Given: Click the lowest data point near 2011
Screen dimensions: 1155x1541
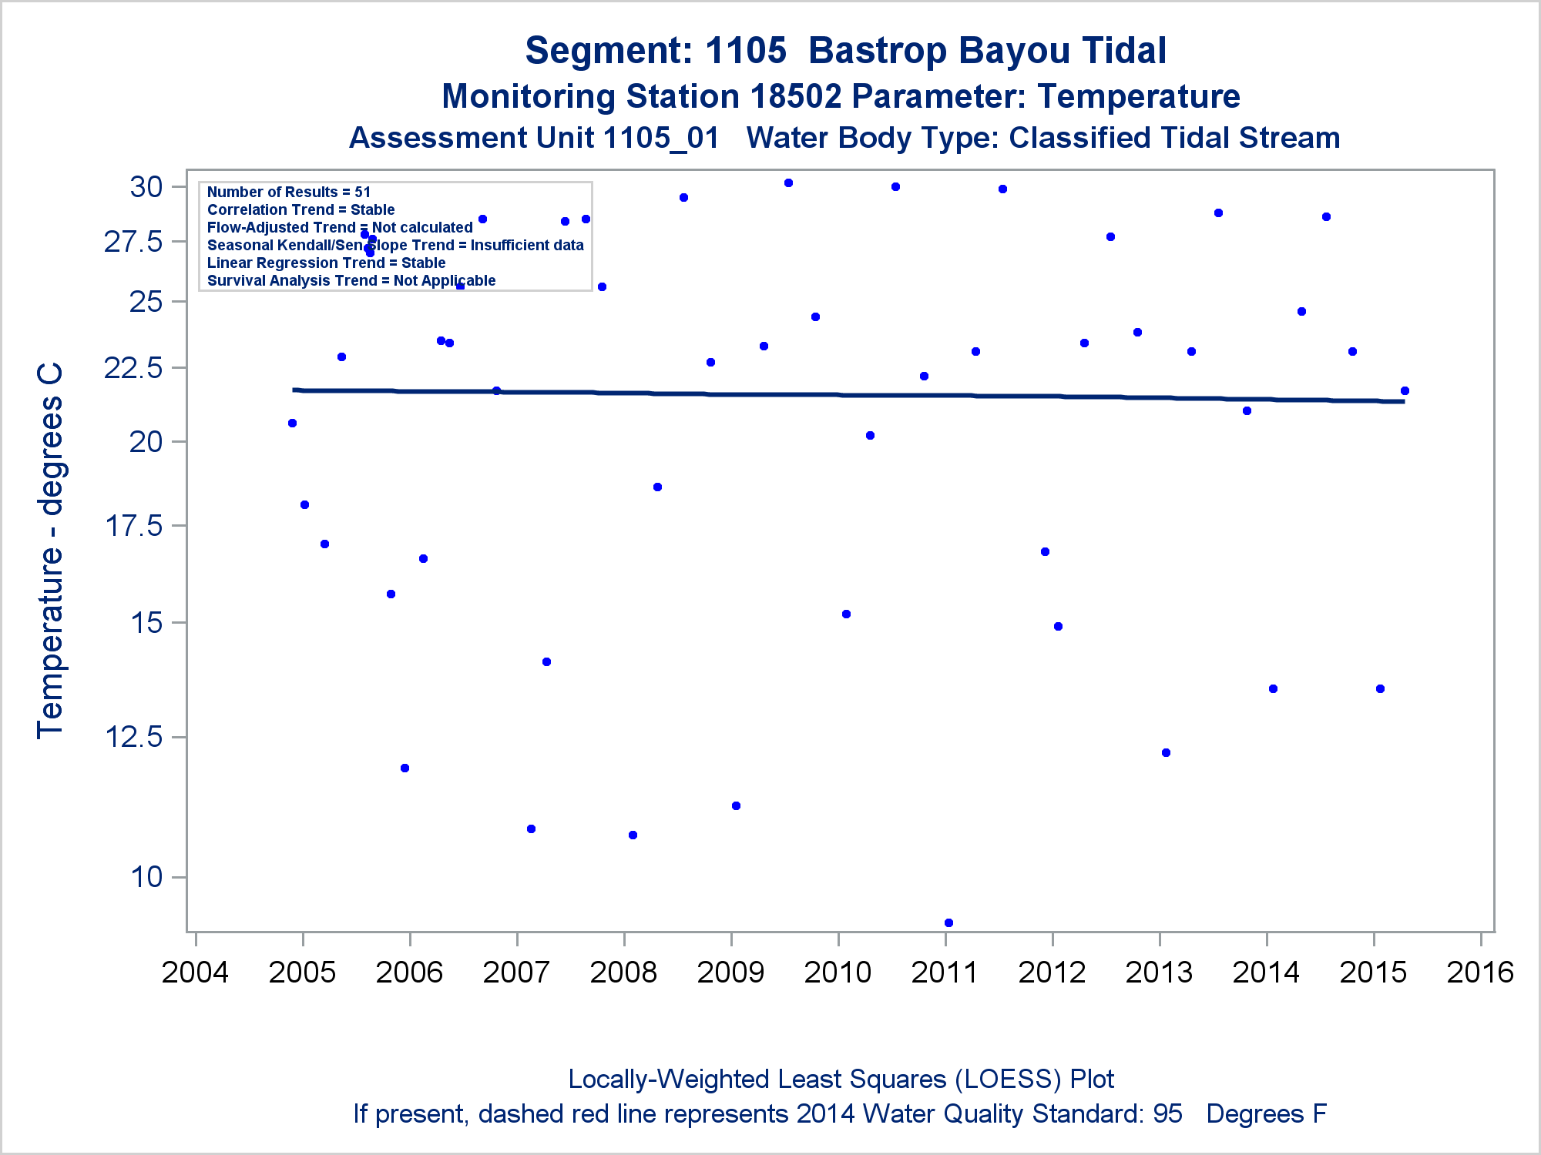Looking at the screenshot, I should click(x=948, y=922).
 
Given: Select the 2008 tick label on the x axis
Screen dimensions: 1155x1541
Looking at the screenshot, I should click(x=623, y=973).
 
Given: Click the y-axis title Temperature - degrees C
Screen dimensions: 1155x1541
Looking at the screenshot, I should click(x=50, y=551).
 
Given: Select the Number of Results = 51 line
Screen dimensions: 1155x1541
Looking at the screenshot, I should click(x=289, y=192).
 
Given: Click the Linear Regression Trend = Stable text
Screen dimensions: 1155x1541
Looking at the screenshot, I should click(x=326, y=263).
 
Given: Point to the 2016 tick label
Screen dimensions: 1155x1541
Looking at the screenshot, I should click(x=1480, y=973).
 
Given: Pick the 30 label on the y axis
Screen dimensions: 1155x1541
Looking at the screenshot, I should click(x=146, y=186).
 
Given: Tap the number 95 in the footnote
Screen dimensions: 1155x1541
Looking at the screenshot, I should click(x=1167, y=1114).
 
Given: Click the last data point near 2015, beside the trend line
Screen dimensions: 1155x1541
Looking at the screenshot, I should click(x=1405, y=391).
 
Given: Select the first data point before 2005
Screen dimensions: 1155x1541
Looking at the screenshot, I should click(x=292, y=423).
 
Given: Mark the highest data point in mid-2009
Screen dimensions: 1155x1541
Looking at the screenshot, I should click(x=788, y=183).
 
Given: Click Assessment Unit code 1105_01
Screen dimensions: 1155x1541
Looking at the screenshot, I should click(x=661, y=139).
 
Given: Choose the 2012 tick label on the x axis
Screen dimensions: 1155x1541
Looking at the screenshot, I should click(x=1052, y=973).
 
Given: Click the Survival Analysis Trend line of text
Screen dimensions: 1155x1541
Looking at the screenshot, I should click(x=351, y=280).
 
